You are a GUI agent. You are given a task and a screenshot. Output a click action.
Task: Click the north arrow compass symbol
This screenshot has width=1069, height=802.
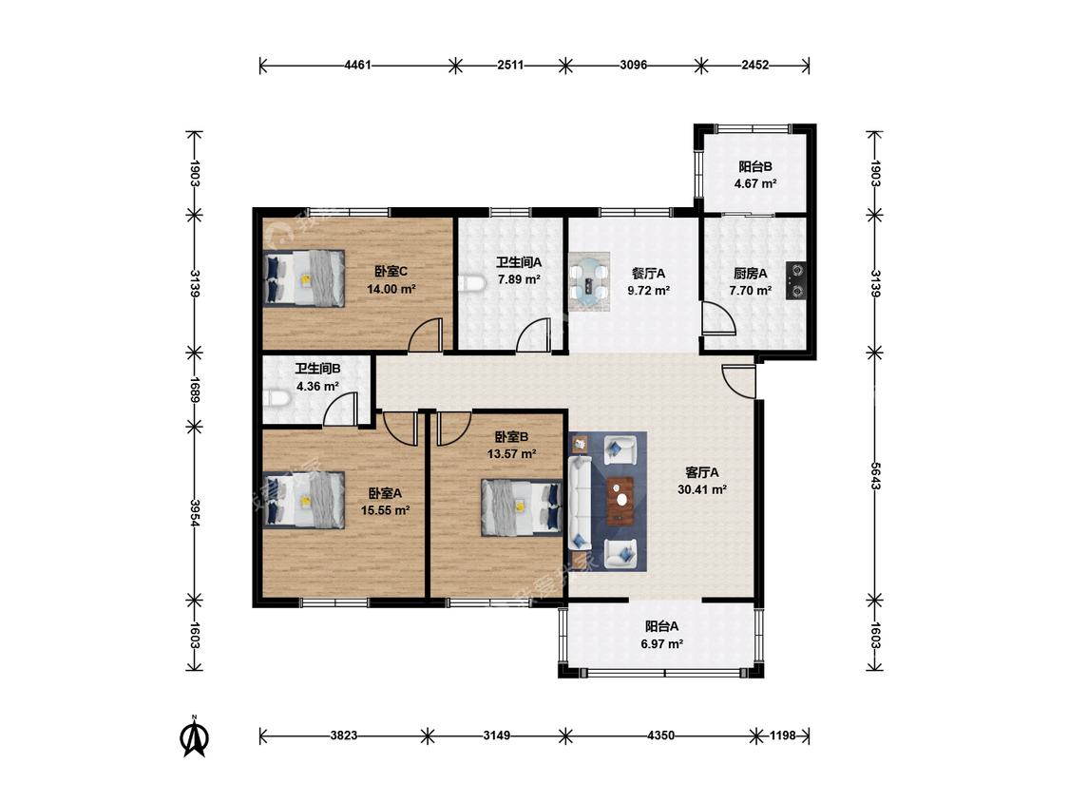194,737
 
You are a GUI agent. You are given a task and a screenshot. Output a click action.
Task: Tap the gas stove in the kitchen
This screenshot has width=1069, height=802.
795,281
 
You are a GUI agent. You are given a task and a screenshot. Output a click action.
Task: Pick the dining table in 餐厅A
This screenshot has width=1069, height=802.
590,281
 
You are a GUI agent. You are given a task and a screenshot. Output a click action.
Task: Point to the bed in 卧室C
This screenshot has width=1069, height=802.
304,278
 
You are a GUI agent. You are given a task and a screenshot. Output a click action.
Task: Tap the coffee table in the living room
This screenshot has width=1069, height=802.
621,500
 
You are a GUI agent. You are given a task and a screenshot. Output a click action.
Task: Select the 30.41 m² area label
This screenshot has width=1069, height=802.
701,489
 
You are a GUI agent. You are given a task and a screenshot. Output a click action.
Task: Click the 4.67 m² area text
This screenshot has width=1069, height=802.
755,183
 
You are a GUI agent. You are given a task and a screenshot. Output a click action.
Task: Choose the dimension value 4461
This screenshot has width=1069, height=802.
358,66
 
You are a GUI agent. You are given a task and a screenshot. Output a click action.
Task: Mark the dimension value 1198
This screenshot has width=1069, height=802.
783,735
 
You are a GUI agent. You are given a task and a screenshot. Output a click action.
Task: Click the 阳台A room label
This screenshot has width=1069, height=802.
661,626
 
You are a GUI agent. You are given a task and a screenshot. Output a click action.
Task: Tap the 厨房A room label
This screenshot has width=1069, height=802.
750,274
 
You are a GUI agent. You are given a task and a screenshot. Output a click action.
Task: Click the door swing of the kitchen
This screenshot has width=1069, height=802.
719,319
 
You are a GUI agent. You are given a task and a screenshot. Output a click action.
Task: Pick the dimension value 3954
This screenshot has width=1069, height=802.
195,513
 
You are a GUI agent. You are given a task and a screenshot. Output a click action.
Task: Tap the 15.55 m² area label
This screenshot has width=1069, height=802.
385,510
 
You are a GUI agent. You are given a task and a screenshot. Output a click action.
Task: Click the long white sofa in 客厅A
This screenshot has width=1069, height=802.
580,504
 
